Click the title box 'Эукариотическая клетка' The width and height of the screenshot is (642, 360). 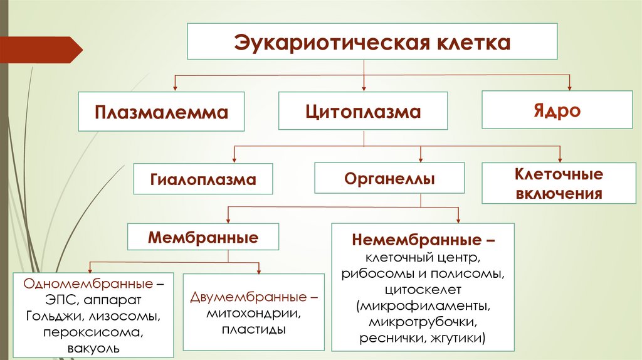(x=372, y=43)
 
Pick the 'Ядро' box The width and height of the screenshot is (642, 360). (x=557, y=110)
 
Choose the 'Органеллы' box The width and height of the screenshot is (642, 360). (x=389, y=179)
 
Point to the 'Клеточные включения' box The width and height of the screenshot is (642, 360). (x=559, y=183)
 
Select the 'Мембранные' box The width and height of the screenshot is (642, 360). (x=203, y=238)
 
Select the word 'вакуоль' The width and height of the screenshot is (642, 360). (x=93, y=347)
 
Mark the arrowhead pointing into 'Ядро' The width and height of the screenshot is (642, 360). (x=569, y=88)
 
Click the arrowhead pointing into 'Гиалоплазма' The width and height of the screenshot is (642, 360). (x=234, y=160)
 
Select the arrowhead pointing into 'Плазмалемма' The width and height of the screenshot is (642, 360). (x=175, y=88)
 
